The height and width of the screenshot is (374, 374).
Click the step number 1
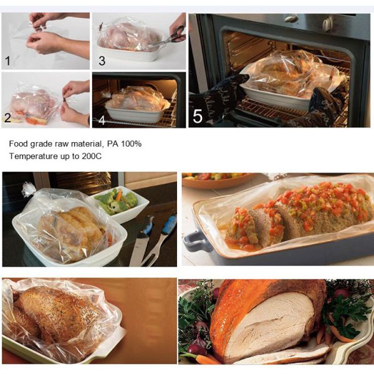[7, 61]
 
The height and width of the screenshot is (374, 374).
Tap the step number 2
[7, 118]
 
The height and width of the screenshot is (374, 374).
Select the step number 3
[102, 61]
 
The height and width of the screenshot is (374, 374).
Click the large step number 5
[198, 116]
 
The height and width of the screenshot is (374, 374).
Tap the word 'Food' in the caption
[19, 144]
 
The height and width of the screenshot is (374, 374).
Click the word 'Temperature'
[32, 156]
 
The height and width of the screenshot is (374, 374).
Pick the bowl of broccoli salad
[122, 203]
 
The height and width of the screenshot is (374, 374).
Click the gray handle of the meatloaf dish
[195, 240]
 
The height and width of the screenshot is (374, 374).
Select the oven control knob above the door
[327, 24]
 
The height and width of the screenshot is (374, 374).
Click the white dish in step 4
[134, 114]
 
